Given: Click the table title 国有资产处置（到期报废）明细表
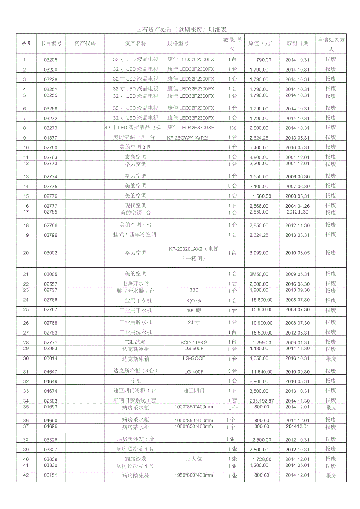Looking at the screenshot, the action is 182,30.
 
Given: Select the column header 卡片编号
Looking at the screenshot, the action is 51,43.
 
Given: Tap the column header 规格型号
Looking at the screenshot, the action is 178,43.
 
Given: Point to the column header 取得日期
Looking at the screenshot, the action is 297,43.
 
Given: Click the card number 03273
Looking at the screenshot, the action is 50,128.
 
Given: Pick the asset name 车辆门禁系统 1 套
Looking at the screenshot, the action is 135,400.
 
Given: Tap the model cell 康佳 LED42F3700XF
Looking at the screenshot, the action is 191,128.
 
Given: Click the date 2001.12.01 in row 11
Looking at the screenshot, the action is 297,157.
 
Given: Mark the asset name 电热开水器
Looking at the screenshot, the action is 135,283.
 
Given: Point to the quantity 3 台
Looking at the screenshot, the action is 232,371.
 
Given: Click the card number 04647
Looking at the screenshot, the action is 50,372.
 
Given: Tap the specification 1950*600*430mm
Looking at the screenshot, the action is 194,475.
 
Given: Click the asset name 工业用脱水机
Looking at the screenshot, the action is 135,322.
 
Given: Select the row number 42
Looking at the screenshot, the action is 26,475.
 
